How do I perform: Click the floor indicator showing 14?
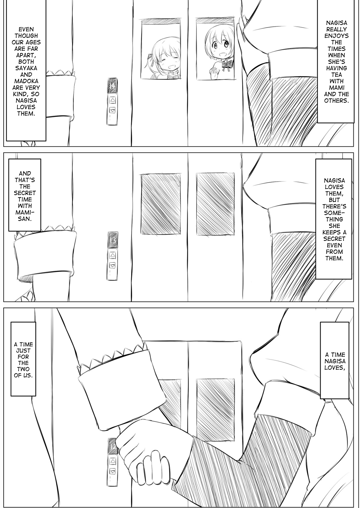(112, 85)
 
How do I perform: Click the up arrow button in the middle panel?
(112, 255)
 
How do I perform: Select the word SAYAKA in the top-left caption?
(26, 68)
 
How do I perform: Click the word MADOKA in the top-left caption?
(26, 81)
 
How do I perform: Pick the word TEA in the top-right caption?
(336, 74)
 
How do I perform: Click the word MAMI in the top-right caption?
(336, 87)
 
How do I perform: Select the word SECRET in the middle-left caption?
(25, 193)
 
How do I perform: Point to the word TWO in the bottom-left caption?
(23, 369)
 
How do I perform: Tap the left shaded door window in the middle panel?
(161, 203)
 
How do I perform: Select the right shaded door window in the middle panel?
(215, 203)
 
